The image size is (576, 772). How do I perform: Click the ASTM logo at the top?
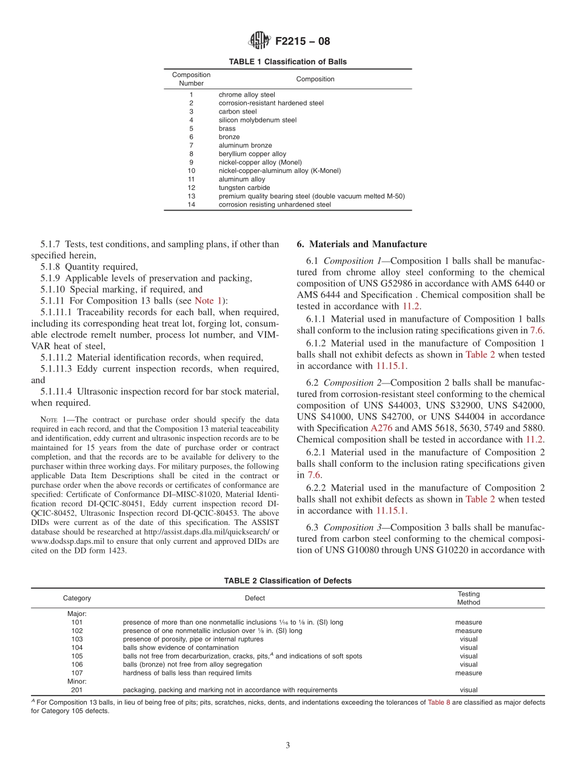pos(260,41)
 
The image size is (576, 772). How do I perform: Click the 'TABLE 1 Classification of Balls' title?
pos(287,62)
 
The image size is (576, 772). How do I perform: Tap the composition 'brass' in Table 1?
pos(227,129)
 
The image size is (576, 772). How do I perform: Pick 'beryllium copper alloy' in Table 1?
pos(252,154)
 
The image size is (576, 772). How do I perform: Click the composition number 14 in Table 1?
pos(191,205)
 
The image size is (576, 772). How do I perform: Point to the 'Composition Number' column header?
pos(191,79)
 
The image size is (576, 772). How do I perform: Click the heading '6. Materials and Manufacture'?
pos(361,244)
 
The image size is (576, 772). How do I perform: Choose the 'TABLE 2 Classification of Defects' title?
pos(287,581)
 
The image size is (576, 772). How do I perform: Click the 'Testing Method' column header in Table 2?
pos(468,598)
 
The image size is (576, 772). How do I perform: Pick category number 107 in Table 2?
pos(77,672)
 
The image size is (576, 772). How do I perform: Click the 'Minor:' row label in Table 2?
pos(77,681)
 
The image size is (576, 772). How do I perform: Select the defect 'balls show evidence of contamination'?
pos(180,648)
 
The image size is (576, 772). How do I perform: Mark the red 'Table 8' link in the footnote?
pos(438,702)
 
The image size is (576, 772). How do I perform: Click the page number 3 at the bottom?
pos(287,746)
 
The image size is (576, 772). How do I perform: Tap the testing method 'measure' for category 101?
pos(468,622)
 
